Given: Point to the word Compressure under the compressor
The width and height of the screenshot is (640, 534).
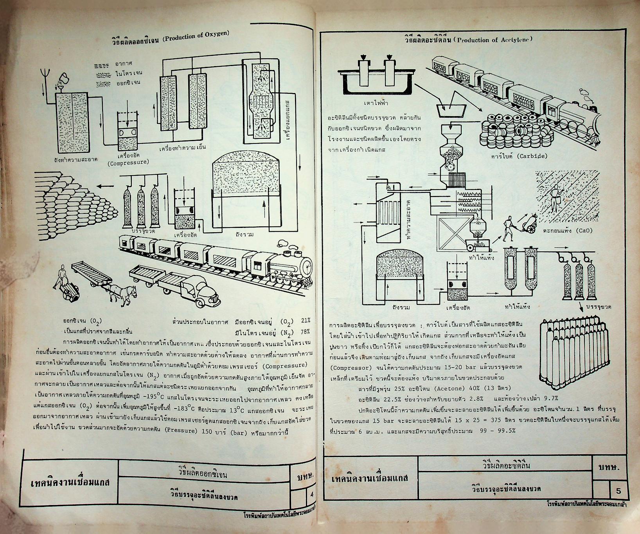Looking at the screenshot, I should pos(128,162).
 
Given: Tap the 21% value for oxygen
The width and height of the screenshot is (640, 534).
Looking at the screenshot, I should pos(306,321).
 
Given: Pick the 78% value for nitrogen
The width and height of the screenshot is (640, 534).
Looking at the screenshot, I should pos(306,332).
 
